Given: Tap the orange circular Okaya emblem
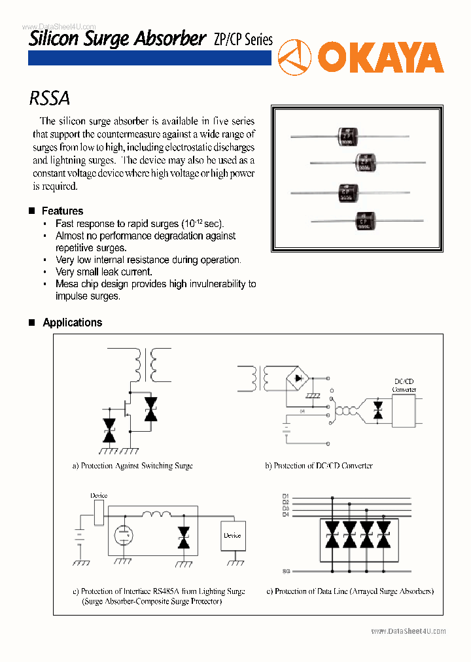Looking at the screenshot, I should click(x=294, y=58).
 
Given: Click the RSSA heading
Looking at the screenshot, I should click(x=49, y=99).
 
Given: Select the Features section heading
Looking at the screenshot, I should click(x=62, y=211).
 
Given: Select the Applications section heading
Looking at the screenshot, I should click(x=72, y=322).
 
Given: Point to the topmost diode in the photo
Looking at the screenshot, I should click(x=347, y=137).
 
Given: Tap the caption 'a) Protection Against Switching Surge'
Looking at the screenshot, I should click(x=132, y=466).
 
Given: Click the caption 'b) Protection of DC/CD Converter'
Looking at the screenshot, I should click(x=319, y=466).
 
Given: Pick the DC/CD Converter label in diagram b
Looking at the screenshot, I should click(x=404, y=385).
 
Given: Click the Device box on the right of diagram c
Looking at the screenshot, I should click(x=232, y=535).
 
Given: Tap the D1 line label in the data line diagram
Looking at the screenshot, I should click(x=285, y=496).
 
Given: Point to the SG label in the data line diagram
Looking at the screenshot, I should click(x=286, y=571).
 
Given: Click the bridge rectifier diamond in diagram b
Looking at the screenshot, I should click(x=300, y=378).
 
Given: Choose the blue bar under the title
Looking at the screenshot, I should click(x=149, y=58).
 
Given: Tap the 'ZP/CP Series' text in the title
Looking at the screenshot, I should click(x=243, y=39).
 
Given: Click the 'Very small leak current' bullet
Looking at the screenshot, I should click(x=104, y=271).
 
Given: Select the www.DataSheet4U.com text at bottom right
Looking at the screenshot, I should click(x=408, y=631).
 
